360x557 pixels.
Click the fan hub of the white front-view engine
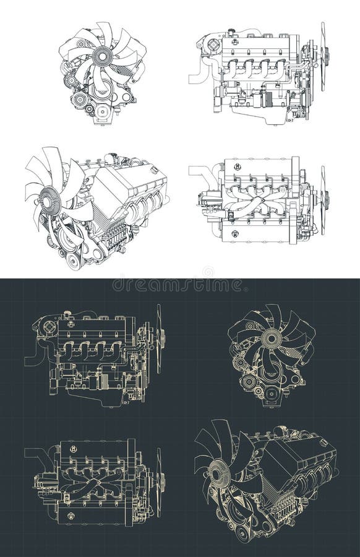pyautogui.click(x=102, y=56)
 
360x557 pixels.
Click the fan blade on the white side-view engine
pyautogui.click(x=322, y=56)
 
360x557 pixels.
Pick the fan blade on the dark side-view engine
pyautogui.click(x=159, y=337)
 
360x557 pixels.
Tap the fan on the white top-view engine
pyautogui.click(x=323, y=199)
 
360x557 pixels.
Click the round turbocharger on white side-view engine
pyautogui.click(x=213, y=45)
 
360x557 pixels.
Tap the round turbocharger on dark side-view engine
pyautogui.click(x=49, y=327)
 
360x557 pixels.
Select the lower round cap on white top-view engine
pyautogui.click(x=236, y=233)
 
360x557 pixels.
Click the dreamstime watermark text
pyautogui.click(x=179, y=285)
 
